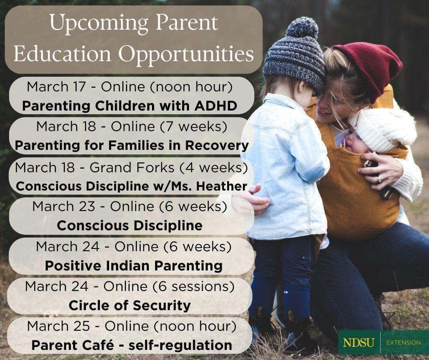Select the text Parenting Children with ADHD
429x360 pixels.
click(130, 106)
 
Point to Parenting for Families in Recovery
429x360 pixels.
click(131, 145)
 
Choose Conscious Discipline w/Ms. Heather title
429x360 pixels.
click(131, 186)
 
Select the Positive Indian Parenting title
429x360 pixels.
click(134, 265)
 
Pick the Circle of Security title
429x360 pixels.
click(130, 305)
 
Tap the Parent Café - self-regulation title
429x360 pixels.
click(131, 345)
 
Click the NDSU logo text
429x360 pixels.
click(359, 342)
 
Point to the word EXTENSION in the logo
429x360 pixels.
click(403, 342)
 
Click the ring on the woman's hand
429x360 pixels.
click(378, 180)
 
